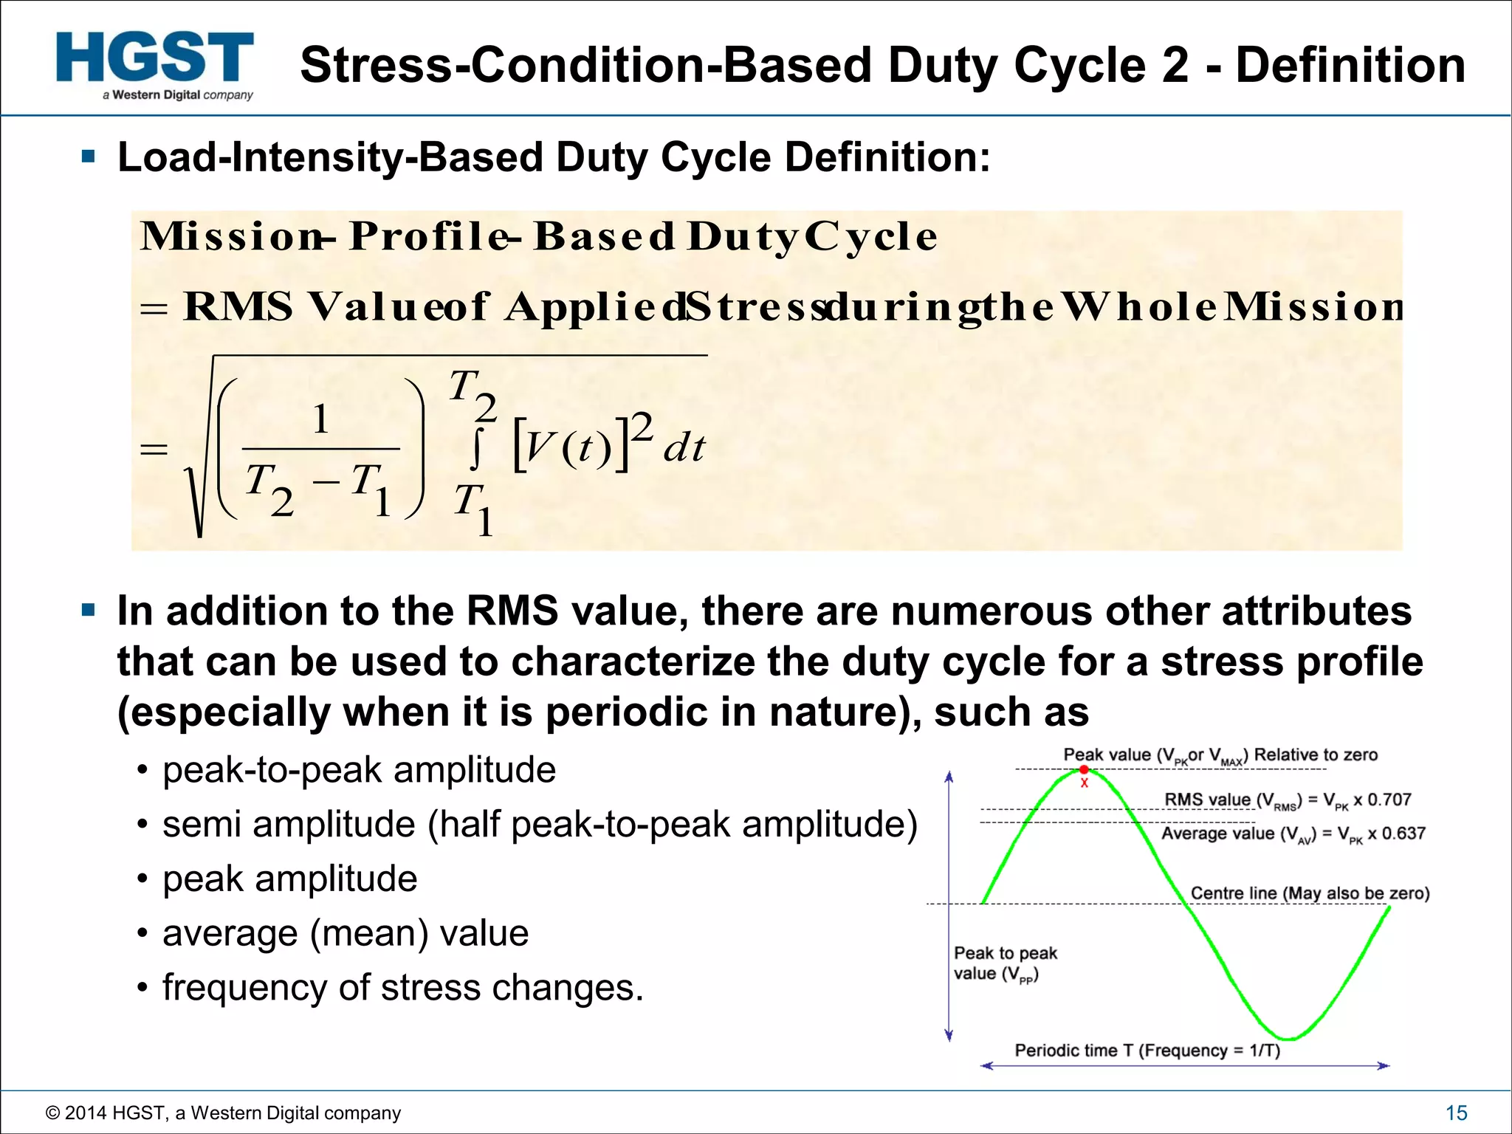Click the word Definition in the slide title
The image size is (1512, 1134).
[1350, 65]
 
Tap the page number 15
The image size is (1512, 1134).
[1456, 1113]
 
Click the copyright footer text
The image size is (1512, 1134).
[223, 1113]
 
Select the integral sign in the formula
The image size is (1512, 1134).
[477, 448]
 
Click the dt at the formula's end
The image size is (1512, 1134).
[684, 448]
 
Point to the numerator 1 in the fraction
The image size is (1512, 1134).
[320, 420]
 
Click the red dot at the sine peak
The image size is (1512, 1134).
[1084, 770]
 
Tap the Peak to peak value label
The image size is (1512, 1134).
[1005, 963]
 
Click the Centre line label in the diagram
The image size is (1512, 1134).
[1310, 893]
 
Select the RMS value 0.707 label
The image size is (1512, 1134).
[1288, 800]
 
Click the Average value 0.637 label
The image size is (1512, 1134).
[1293, 834]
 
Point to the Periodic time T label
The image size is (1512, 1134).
[1147, 1050]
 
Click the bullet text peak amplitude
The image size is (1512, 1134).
[289, 879]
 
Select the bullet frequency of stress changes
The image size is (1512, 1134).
[402, 988]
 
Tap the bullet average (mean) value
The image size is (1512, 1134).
[345, 933]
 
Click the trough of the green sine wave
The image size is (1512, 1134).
[1286, 1037]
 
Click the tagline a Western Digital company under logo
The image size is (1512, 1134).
[178, 94]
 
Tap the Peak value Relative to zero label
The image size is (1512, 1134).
[1220, 755]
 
